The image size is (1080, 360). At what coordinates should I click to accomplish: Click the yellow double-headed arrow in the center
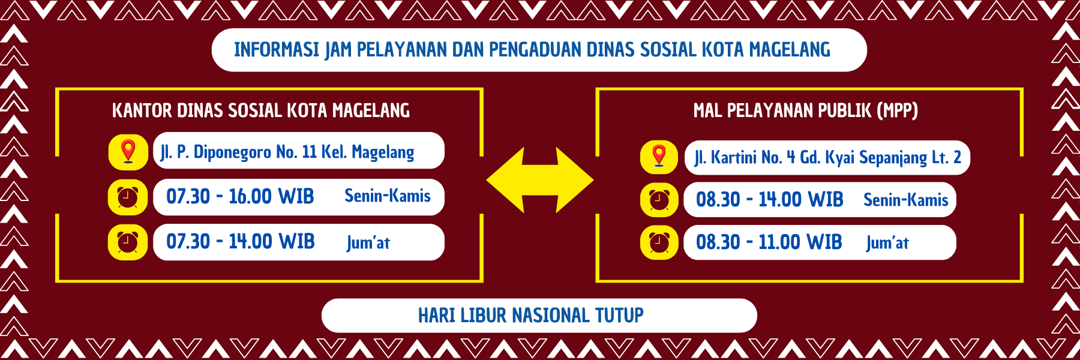[539, 180]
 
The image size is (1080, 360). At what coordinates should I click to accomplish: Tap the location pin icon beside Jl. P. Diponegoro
[128, 152]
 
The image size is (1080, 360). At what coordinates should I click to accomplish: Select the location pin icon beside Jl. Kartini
[659, 156]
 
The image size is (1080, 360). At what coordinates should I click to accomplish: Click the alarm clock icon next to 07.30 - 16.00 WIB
[127, 197]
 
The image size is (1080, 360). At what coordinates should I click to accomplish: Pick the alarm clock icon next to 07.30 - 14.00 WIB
[127, 242]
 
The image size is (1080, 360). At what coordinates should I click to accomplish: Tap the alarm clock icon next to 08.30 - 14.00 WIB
[659, 200]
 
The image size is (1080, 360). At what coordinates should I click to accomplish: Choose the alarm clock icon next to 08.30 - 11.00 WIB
[659, 242]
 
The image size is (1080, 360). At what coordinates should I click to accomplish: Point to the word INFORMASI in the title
[277, 50]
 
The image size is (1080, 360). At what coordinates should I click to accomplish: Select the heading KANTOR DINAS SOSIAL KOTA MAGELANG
[261, 110]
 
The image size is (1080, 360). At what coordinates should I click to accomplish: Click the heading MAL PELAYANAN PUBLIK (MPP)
[806, 110]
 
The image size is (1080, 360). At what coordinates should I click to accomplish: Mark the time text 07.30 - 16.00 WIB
[240, 196]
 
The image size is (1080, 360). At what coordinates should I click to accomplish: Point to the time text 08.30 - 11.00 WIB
[769, 242]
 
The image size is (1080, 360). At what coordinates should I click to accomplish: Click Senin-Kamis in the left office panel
[388, 196]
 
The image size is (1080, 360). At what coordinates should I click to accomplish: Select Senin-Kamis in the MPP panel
[906, 200]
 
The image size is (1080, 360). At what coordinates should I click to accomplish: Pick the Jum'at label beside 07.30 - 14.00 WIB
[368, 242]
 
